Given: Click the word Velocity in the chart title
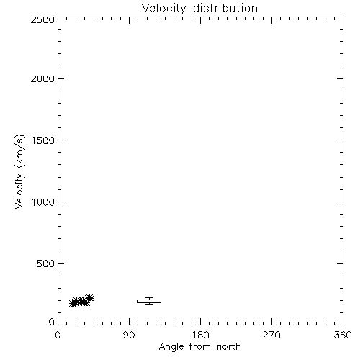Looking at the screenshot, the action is (x=163, y=9).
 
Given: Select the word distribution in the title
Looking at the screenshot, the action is (x=225, y=8).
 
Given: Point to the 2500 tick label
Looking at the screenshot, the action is (x=42, y=19).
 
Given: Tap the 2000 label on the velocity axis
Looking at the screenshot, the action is (x=42, y=78).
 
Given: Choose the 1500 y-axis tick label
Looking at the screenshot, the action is (x=43, y=140).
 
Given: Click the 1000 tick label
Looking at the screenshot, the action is (x=43, y=202).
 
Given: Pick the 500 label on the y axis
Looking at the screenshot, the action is (x=46, y=264).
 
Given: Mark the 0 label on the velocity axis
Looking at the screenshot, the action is (x=52, y=322).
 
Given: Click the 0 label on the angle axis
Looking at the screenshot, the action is (x=58, y=335).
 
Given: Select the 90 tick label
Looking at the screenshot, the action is (x=129, y=335).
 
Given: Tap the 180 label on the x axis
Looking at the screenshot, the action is (x=200, y=335).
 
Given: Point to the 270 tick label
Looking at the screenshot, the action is (x=271, y=335).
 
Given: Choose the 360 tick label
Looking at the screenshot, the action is (x=343, y=335).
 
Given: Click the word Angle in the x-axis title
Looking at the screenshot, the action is (x=171, y=347).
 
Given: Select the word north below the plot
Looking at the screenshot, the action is (x=229, y=347).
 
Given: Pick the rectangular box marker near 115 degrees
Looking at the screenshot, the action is (x=149, y=301).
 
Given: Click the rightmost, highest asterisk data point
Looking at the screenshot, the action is (x=90, y=298).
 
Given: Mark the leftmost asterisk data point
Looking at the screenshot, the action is (x=73, y=303).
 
